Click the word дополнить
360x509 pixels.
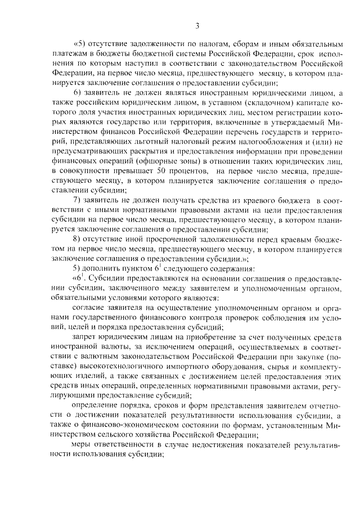(x=104, y=268)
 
